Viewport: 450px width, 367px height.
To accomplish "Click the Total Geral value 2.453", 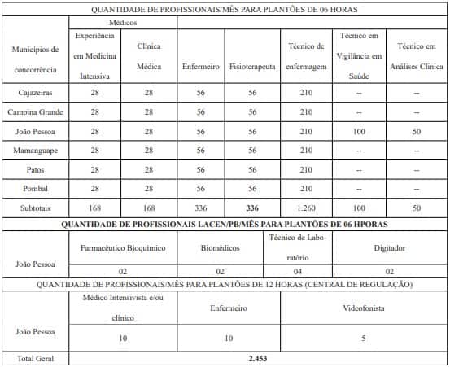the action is point(257,357).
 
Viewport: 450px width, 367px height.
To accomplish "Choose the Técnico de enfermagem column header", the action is point(307,55).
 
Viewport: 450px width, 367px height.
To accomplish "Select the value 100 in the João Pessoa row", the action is point(359,131).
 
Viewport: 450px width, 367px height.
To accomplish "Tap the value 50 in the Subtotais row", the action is point(417,208).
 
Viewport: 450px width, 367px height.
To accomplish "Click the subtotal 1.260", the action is point(307,208).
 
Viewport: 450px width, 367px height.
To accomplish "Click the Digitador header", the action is point(389,247).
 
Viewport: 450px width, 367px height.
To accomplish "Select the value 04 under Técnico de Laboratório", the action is point(299,271).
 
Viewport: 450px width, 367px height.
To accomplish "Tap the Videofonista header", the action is point(363,308).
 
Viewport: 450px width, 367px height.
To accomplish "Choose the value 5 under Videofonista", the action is point(363,337).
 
